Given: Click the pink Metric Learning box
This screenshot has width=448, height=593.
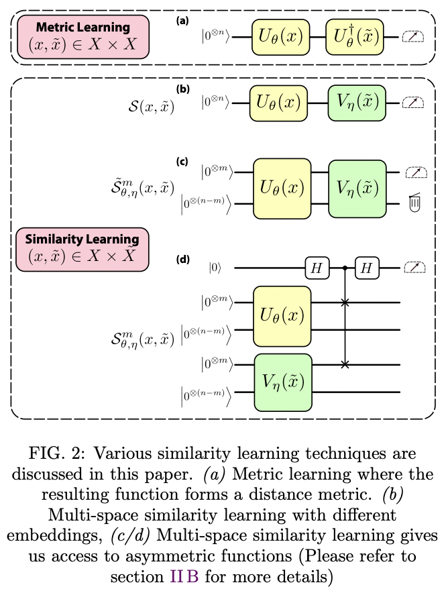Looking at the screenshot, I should coord(83,37).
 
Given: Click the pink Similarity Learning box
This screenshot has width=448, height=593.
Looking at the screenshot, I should coord(82,248).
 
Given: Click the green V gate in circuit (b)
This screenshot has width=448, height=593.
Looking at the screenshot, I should coord(357,103).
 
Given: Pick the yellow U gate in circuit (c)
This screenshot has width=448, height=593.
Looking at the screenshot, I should coord(282,188).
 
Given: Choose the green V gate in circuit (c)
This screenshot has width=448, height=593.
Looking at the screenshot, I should coord(357,188).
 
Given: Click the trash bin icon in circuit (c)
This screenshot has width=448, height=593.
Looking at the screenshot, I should coord(414,202).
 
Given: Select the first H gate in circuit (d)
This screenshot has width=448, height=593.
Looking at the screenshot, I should coord(315,268).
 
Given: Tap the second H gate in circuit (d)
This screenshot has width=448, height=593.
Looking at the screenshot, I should coord(367,268).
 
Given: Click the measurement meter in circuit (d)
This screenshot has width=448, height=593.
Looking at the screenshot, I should coord(414,268).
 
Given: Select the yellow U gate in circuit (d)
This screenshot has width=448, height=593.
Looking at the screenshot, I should coord(282,316).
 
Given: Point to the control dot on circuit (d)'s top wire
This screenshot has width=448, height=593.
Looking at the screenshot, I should coord(345,268).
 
